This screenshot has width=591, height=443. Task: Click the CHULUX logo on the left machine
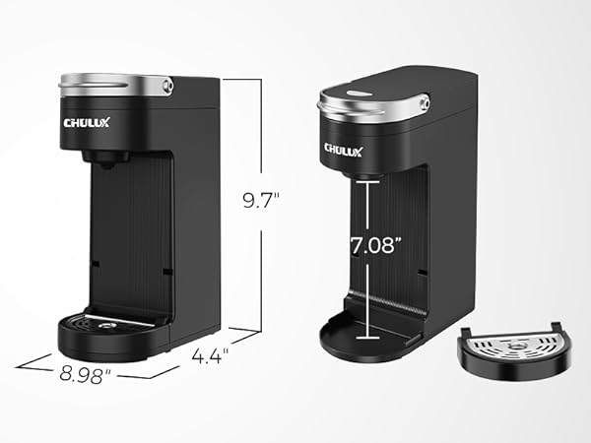(90, 123)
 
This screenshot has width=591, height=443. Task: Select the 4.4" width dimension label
(210, 354)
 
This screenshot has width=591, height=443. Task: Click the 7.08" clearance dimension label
(375, 245)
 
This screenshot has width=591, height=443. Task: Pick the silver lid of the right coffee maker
(374, 103)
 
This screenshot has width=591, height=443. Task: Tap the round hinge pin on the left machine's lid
(166, 87)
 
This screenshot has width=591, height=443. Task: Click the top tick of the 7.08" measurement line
(367, 182)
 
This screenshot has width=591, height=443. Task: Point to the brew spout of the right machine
(366, 172)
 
